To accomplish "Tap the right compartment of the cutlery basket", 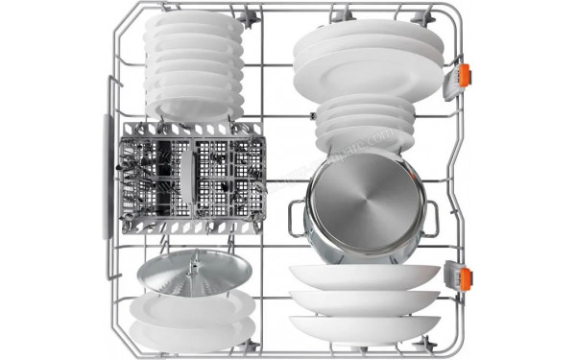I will point(230,178).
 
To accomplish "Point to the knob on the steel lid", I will point(195,262).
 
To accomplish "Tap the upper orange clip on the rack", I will point(464,76).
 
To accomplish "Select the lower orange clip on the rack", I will point(465,278).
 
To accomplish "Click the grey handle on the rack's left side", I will point(107,179).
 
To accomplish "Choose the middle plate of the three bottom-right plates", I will point(365,301).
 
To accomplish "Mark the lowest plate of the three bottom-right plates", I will point(365,328).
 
